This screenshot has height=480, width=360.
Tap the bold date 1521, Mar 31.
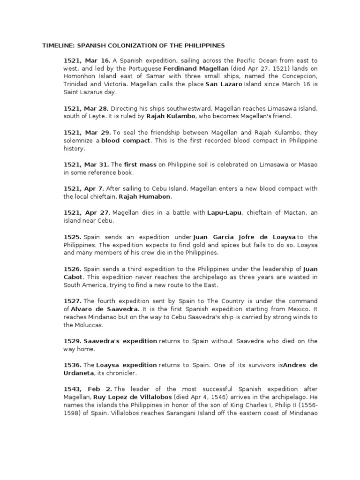click(x=85, y=165)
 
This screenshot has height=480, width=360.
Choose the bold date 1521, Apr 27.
click(x=84, y=213)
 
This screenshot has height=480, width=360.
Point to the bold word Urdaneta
click(x=79, y=372)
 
